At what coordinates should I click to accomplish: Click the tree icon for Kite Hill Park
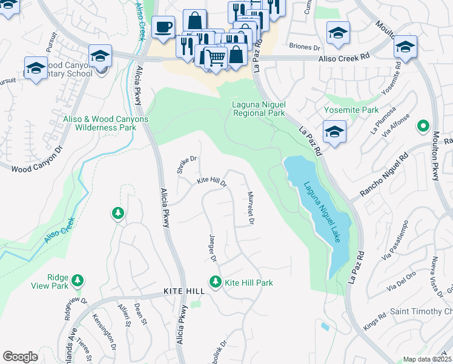pos(215,281)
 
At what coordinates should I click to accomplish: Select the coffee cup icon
pos(163,27)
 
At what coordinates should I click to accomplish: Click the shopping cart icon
pos(216,58)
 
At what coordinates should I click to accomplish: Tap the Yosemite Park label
pos(351,110)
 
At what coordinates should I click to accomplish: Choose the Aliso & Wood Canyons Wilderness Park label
pos(106,123)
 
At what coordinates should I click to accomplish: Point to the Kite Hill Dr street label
pos(212,182)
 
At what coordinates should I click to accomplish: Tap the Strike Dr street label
pos(187,164)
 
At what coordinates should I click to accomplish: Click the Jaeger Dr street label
pos(213,248)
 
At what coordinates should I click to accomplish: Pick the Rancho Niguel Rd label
pos(385,175)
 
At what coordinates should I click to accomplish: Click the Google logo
pos(20,357)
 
